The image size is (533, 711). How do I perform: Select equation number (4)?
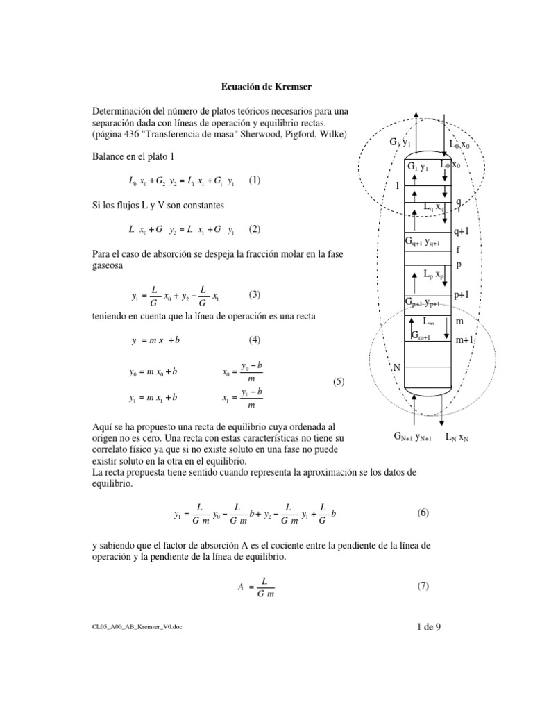click(x=255, y=340)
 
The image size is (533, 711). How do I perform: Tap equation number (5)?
click(x=338, y=382)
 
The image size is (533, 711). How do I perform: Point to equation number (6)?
click(x=423, y=513)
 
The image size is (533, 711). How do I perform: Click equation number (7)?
click(x=423, y=586)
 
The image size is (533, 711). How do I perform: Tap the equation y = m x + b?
click(x=159, y=341)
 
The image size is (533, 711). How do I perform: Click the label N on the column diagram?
click(x=398, y=367)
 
